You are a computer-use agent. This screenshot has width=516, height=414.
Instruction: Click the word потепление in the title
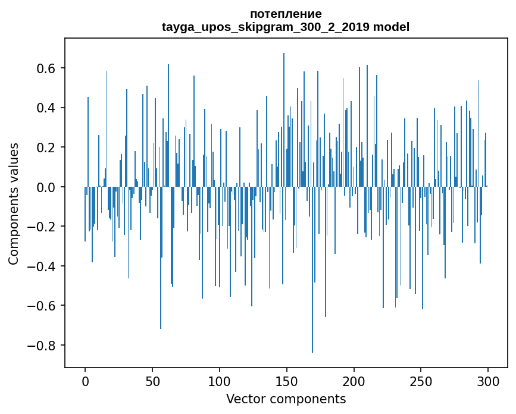(x=286, y=14)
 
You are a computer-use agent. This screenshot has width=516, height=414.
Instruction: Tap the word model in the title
(x=391, y=27)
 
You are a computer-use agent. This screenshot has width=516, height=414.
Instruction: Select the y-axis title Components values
(x=13, y=203)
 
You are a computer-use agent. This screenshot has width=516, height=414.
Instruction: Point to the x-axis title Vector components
(x=286, y=399)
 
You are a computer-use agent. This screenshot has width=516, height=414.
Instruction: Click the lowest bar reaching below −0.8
(x=312, y=333)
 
